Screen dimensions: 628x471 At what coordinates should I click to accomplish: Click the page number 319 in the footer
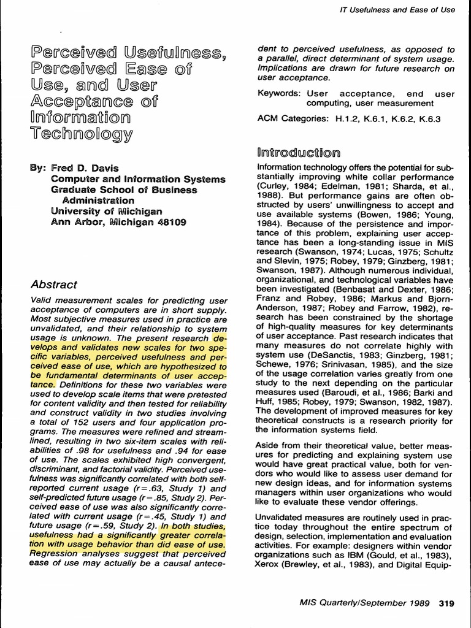(x=446, y=603)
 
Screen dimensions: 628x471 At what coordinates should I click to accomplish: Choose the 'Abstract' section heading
(x=53, y=285)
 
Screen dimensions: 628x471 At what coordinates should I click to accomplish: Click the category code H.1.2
(x=348, y=119)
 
